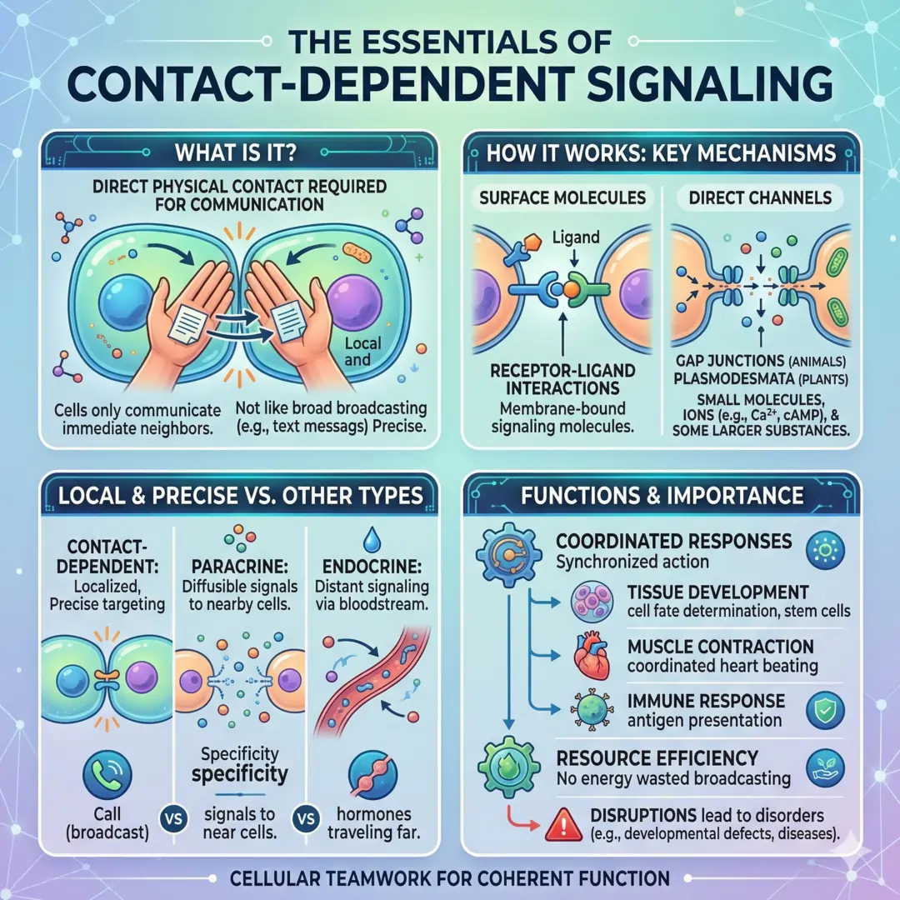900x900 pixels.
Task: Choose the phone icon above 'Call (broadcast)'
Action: [109, 776]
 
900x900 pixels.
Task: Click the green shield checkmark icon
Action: [824, 709]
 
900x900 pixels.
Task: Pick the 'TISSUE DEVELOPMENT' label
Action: [717, 592]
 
